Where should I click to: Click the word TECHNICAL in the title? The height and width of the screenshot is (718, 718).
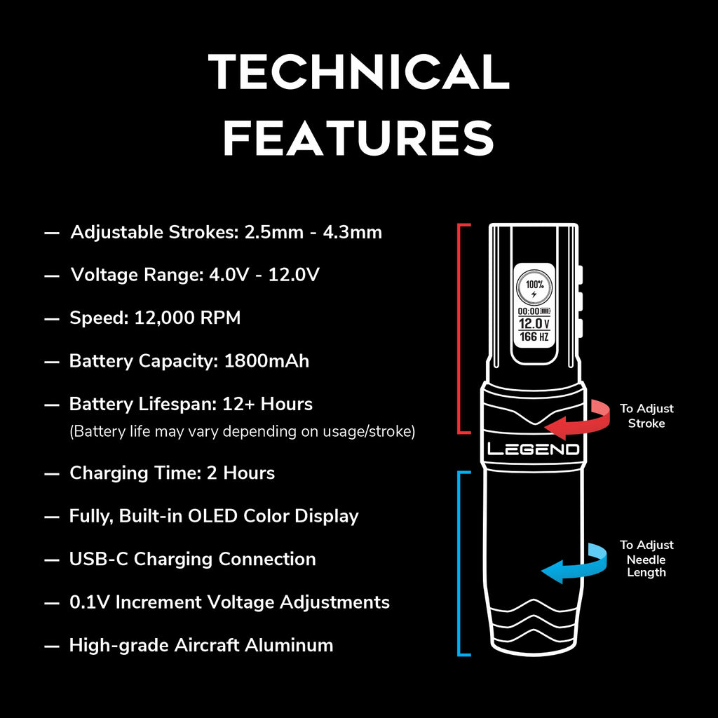[x=358, y=72]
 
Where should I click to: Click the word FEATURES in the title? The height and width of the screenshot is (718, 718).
[x=358, y=137]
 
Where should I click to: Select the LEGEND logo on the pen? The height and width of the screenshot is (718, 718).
[x=533, y=449]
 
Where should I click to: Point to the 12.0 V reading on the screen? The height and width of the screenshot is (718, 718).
[x=534, y=323]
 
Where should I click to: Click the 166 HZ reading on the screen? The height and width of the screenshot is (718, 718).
[x=534, y=337]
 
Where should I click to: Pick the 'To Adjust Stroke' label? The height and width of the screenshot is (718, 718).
[x=646, y=416]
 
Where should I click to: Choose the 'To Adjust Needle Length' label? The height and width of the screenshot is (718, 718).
[x=646, y=559]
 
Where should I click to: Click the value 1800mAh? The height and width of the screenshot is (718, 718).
[x=266, y=361]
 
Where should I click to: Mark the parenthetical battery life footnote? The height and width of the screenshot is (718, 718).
[x=242, y=432]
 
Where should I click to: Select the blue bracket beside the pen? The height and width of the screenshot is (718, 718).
[x=459, y=564]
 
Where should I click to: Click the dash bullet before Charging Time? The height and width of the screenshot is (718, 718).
[x=51, y=473]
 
